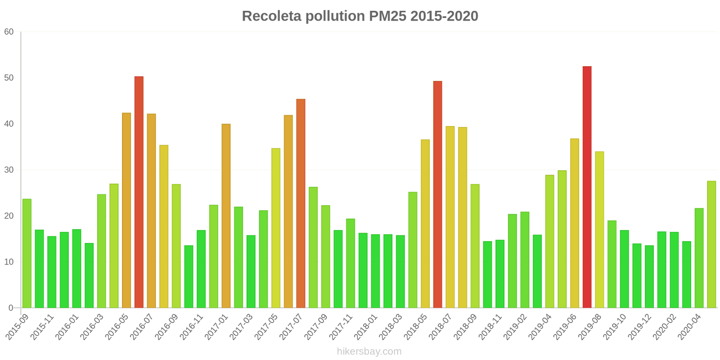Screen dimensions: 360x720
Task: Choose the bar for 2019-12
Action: [649, 277]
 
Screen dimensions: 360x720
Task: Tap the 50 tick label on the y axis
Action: [9, 78]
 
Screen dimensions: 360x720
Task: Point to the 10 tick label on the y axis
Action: [9, 262]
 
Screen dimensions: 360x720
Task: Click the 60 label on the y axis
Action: [9, 32]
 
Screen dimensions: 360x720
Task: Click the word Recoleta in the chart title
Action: [271, 16]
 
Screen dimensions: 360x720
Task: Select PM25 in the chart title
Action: [387, 16]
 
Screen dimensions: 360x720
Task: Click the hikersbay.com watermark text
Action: [369, 351]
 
